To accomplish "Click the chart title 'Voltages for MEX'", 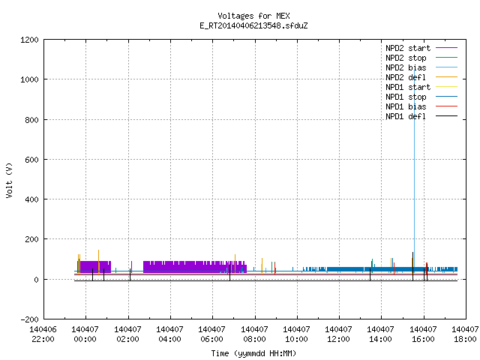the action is pyautogui.click(x=253, y=16).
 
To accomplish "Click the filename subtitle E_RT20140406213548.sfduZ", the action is pyautogui.click(x=253, y=25).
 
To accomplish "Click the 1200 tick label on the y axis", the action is pyautogui.click(x=29, y=40).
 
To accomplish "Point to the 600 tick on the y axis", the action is pyautogui.click(x=31, y=160).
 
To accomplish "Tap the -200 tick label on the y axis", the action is pyautogui.click(x=29, y=319).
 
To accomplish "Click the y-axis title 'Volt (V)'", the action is pyautogui.click(x=9, y=180).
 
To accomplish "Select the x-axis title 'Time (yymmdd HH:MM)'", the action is pyautogui.click(x=253, y=353).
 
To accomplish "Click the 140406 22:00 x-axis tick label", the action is pyautogui.click(x=43, y=334).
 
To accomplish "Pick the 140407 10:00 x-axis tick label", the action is pyautogui.click(x=296, y=334).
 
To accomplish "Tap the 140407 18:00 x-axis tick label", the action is pyautogui.click(x=465, y=334).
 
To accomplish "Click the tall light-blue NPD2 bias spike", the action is pyautogui.click(x=415, y=172).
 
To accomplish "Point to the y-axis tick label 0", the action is pyautogui.click(x=37, y=280).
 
